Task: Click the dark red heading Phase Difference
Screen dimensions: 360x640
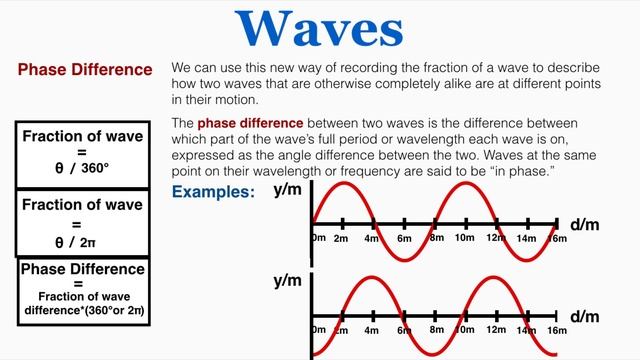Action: [85, 71]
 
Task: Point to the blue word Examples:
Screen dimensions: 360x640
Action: [213, 192]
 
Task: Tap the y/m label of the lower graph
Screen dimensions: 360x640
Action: [287, 282]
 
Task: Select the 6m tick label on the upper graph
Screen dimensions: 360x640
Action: [403, 239]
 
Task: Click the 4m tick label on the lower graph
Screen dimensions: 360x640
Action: [372, 330]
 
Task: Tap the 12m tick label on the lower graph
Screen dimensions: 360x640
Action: [494, 330]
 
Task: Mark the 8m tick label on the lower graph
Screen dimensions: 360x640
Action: [434, 330]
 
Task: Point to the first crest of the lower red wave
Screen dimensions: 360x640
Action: [372, 277]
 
